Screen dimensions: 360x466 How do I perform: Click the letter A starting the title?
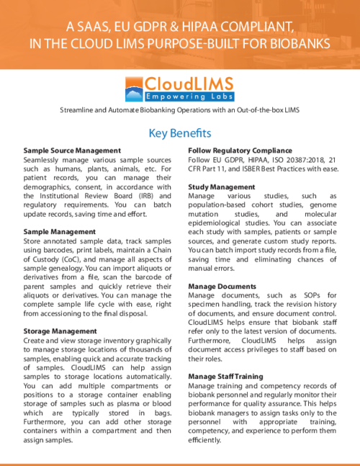pyautogui.click(x=71, y=27)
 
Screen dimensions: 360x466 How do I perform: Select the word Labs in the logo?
pyautogui.click(x=220, y=97)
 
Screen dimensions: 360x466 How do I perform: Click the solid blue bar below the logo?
pyautogui.click(x=180, y=134)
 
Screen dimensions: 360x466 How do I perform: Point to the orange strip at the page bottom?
pyautogui.click(x=180, y=463)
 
